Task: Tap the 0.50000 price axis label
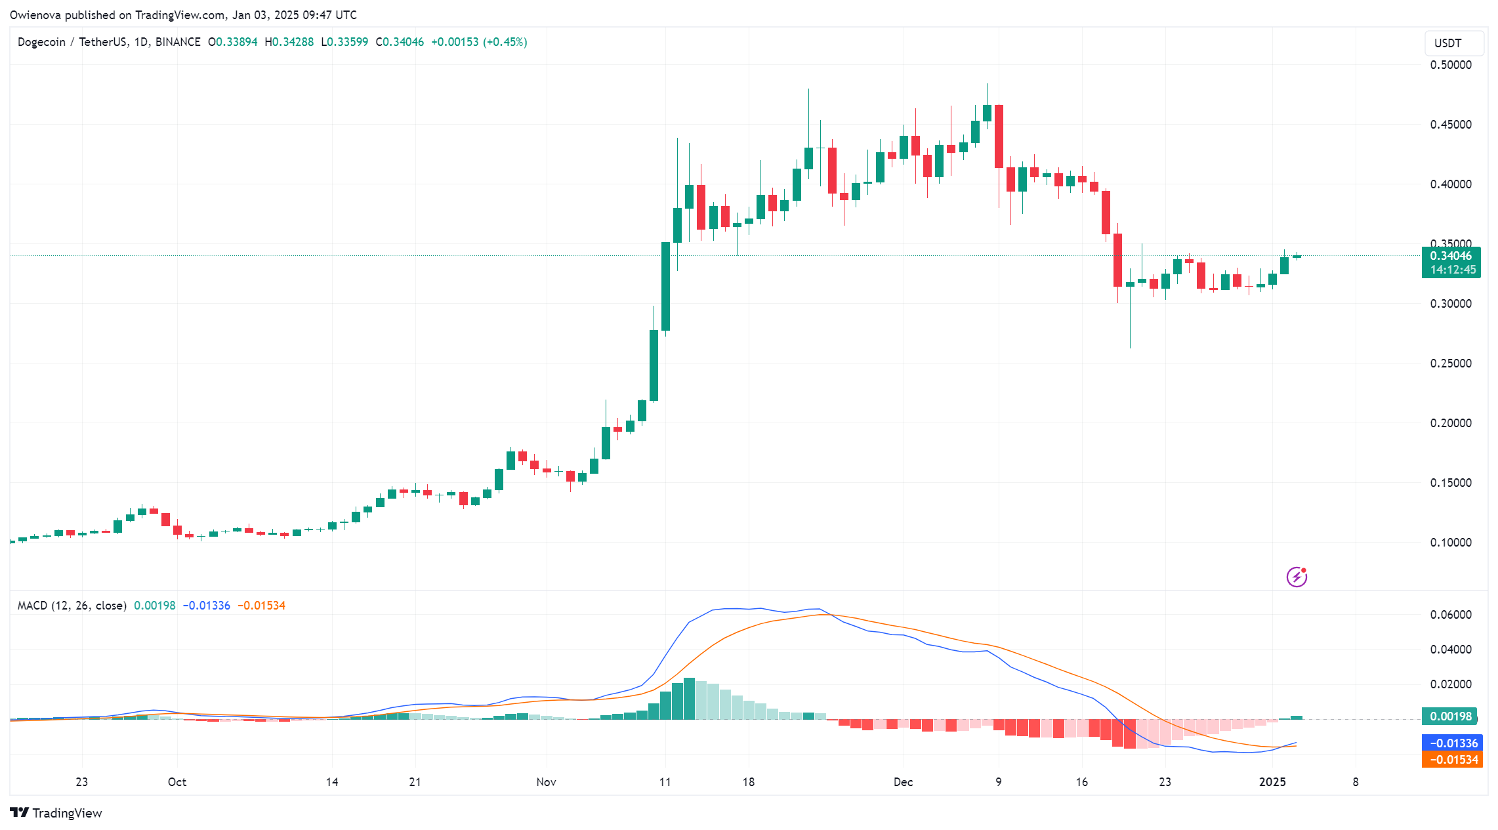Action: pyautogui.click(x=1451, y=65)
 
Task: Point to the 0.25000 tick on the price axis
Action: pyautogui.click(x=1451, y=363)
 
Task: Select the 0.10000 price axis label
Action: pyautogui.click(x=1451, y=543)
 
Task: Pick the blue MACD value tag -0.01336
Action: pyautogui.click(x=1452, y=743)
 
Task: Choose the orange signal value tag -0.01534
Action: pyautogui.click(x=1452, y=760)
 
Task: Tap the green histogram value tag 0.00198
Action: pyautogui.click(x=1450, y=716)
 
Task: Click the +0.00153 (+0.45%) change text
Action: pyautogui.click(x=479, y=42)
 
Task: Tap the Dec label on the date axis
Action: pyautogui.click(x=903, y=782)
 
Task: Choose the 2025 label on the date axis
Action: pyautogui.click(x=1272, y=782)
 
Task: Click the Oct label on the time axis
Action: pyautogui.click(x=177, y=782)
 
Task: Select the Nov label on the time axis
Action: pyautogui.click(x=546, y=782)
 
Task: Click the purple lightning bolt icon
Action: pyautogui.click(x=1297, y=577)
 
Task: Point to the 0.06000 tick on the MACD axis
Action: pyautogui.click(x=1451, y=615)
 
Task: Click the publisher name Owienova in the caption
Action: pyautogui.click(x=35, y=14)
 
